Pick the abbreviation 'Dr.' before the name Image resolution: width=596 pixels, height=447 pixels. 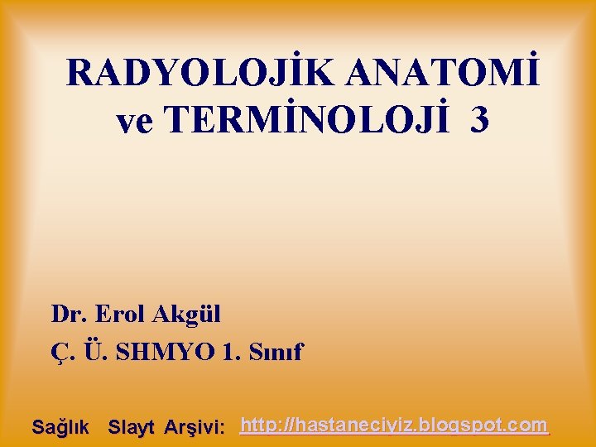70,315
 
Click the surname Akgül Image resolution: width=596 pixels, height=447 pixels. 187,315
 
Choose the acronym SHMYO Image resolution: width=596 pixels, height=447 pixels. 166,353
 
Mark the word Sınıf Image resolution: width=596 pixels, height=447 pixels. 277,353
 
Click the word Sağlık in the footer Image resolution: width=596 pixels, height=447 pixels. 60,428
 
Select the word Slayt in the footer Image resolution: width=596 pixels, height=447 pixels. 132,428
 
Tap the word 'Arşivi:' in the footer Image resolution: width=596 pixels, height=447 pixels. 195,428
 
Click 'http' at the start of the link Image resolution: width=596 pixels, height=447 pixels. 256,426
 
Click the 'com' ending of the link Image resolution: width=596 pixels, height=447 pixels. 530,426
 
